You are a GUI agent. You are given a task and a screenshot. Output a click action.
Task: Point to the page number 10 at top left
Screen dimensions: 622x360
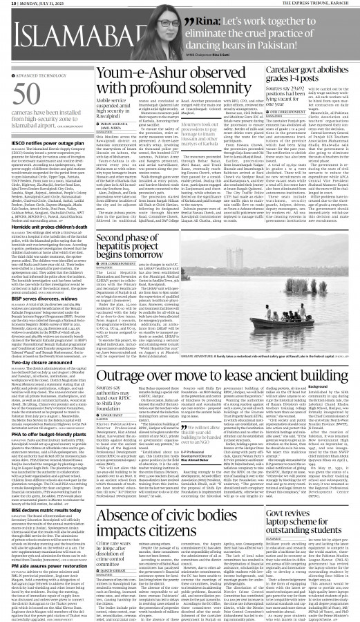tap(6, 4)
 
